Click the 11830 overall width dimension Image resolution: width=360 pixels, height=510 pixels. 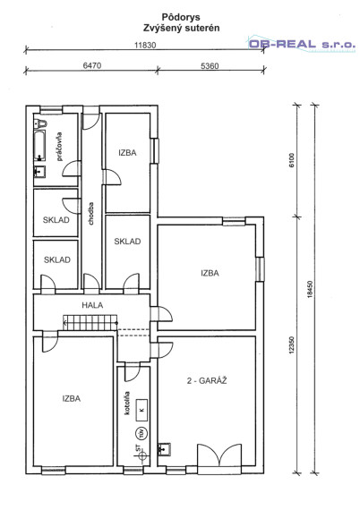(145, 46)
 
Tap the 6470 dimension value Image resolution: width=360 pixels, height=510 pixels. (92, 65)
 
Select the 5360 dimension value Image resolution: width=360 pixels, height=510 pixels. (210, 66)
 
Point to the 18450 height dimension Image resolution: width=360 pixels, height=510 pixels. (310, 289)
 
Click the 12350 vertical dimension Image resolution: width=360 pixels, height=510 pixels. (292, 344)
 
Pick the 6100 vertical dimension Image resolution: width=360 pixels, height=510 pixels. (291, 160)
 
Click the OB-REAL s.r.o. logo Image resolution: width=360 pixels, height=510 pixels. (302, 44)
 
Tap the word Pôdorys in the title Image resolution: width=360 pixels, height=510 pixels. (181, 17)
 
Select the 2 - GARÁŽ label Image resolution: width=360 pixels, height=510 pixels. (207, 380)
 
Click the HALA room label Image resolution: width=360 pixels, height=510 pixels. (92, 305)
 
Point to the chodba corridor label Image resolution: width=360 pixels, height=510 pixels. (90, 213)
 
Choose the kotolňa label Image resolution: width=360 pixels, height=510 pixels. (127, 403)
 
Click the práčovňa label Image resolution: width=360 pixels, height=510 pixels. (59, 147)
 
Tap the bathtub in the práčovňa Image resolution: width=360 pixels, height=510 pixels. (39, 146)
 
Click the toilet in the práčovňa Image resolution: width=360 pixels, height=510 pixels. (40, 123)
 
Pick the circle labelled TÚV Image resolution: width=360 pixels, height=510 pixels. (141, 432)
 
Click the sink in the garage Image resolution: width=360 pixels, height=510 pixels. (165, 449)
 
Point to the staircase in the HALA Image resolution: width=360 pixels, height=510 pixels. (90, 323)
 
